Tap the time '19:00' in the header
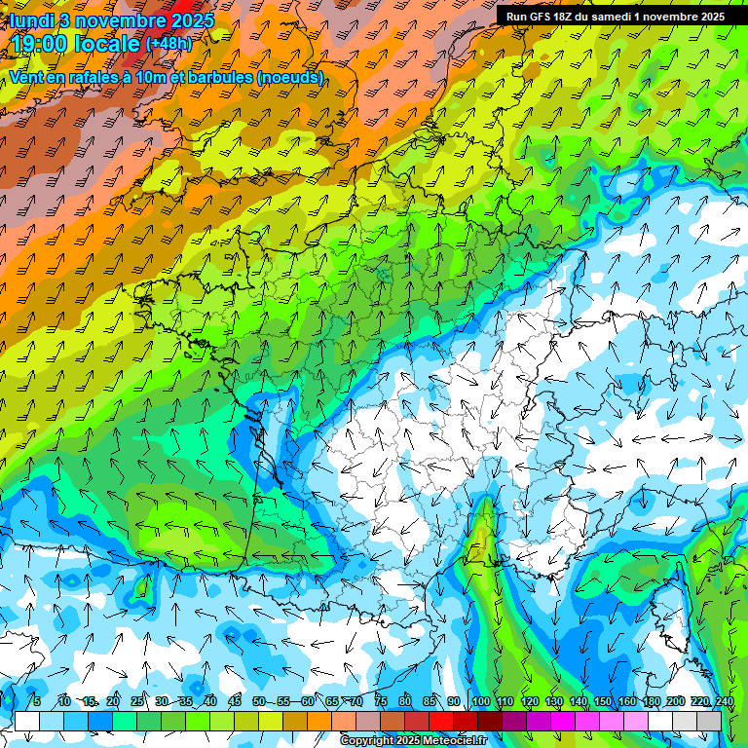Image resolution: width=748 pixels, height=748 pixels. (45, 43)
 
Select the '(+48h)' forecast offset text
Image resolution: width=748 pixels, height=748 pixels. (170, 43)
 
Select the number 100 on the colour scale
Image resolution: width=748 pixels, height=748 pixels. (480, 702)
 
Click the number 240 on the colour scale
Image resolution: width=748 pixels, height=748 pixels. (724, 702)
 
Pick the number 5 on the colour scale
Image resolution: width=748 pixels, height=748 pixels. (36, 702)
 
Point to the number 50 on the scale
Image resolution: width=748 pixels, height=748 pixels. (259, 702)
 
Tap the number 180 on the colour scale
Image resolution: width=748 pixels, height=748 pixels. (651, 702)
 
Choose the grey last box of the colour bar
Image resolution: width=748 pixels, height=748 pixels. (709, 721)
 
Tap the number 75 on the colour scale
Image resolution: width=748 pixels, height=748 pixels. (381, 702)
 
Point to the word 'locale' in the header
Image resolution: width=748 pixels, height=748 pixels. (107, 43)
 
